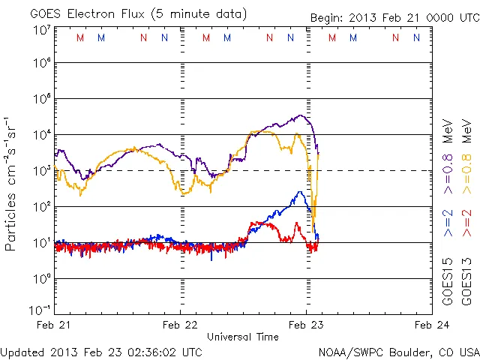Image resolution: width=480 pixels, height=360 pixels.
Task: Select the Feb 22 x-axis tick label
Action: (181, 325)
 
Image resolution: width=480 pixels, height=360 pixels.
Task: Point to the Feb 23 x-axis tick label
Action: (306, 325)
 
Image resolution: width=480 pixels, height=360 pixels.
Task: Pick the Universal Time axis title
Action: (243, 337)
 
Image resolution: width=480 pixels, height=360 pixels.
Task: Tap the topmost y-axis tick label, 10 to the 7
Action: (41, 30)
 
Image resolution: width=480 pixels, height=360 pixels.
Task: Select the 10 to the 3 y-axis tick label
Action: (41, 171)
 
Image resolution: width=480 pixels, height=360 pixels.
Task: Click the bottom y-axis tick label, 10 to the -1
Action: (40, 310)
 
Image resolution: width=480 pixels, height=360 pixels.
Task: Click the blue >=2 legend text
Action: (448, 223)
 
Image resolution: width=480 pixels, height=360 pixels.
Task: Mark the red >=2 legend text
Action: (466, 223)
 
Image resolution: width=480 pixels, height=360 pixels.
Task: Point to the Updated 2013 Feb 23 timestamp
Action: (101, 352)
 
